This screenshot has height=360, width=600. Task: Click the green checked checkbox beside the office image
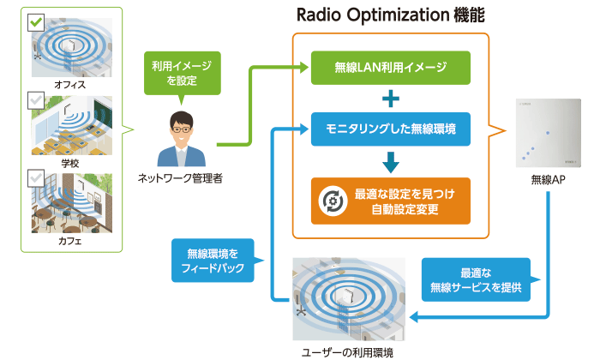pos(36,22)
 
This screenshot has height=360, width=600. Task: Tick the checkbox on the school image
pos(36,100)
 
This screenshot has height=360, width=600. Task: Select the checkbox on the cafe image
pos(36,178)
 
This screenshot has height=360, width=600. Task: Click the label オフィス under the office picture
pos(70,85)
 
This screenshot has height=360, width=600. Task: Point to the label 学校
pos(70,164)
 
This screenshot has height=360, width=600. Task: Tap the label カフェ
pos(70,241)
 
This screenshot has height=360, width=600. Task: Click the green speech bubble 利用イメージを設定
pos(182,73)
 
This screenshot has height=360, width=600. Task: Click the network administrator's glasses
pos(181,129)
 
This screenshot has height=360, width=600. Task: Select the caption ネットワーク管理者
pos(180,178)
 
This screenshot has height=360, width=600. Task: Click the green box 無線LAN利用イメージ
pos(390,68)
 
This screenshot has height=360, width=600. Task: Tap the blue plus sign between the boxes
pos(391,99)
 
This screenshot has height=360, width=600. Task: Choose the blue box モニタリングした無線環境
pos(390,129)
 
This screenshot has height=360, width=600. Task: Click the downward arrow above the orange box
pos(391,162)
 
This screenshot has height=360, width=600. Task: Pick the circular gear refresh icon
pos(333,201)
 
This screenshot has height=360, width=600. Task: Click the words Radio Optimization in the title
pos(373,15)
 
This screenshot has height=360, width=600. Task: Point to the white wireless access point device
pos(548,133)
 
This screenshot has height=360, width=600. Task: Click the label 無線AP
pos(548,179)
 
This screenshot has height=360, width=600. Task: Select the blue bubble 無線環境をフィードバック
pos(213,261)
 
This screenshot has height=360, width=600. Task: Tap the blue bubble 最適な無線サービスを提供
pos(476,279)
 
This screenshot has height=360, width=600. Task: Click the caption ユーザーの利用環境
pos(347,352)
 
